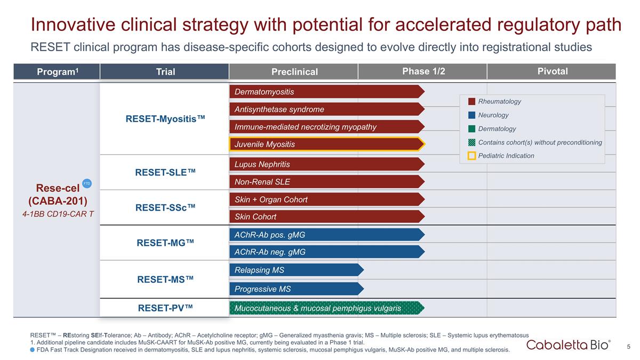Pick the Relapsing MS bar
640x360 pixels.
[x=296, y=270]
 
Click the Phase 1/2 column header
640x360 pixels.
[x=423, y=71]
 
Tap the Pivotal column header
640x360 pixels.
[x=552, y=71]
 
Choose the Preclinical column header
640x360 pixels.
[x=294, y=71]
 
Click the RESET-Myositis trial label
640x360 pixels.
[x=165, y=119]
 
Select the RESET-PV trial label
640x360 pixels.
[x=165, y=308]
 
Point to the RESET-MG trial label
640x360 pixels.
[x=165, y=243]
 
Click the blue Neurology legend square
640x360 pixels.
[x=471, y=115]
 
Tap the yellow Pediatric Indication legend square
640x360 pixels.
[x=471, y=156]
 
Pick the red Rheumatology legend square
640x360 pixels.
[x=471, y=101]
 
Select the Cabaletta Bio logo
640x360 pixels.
[x=569, y=345]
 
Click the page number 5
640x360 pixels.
[x=629, y=347]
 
